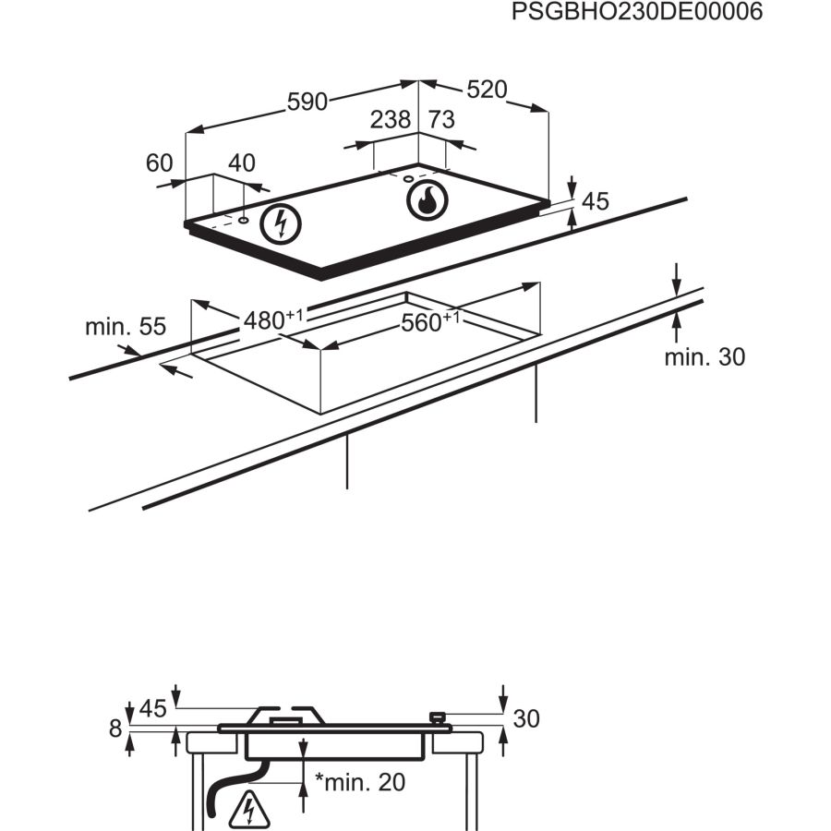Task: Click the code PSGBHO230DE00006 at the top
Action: (x=637, y=14)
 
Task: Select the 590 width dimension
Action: (x=307, y=102)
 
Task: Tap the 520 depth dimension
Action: (x=487, y=90)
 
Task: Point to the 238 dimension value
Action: (x=391, y=120)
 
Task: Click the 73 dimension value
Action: (x=442, y=120)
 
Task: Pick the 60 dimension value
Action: (x=160, y=163)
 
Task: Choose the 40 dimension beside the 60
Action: (x=241, y=163)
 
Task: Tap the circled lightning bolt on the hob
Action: (x=282, y=223)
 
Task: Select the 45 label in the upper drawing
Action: (x=596, y=201)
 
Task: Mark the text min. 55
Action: (x=126, y=327)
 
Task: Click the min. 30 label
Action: (x=704, y=357)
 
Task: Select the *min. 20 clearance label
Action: (x=360, y=782)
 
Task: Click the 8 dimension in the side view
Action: (x=115, y=729)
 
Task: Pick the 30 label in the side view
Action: (x=525, y=718)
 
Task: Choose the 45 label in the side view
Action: (x=152, y=709)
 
